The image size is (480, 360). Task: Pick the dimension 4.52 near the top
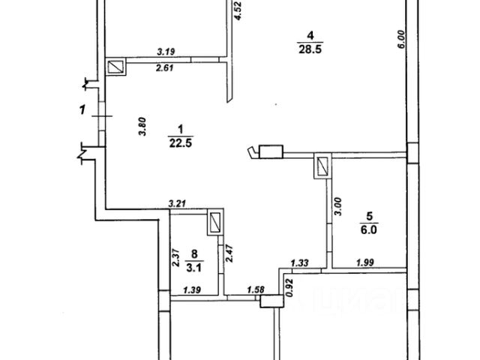[238, 12]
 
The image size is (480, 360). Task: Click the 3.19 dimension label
[166, 52]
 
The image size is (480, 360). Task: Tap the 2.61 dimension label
[165, 68]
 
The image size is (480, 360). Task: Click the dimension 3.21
[177, 202]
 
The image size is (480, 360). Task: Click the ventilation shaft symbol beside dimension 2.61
[116, 68]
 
